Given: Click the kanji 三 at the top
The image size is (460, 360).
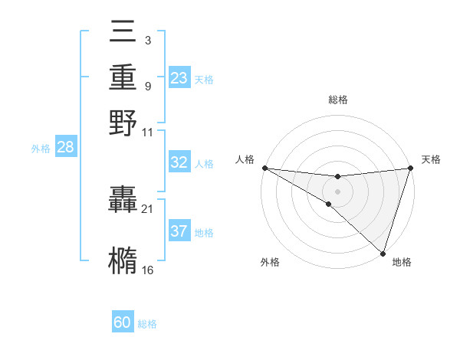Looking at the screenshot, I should point(123,34).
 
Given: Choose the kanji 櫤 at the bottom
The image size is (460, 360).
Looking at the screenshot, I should point(123,261).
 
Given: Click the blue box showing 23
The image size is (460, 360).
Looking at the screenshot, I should point(179,78).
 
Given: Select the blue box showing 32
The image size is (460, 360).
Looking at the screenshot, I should point(179,162).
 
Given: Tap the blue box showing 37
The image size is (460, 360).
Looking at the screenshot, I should point(179,232).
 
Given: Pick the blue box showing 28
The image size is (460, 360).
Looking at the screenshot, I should point(65,148).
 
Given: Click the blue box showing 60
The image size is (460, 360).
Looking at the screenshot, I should point(123,323).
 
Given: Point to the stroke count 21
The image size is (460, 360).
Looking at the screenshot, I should point(147,209).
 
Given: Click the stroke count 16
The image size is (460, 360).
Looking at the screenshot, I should point(147,270).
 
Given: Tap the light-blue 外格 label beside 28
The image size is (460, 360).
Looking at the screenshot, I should point(41,149).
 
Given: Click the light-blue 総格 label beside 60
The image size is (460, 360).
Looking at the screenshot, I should point(147,324).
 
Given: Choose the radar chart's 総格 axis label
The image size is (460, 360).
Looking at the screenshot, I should point(337,100).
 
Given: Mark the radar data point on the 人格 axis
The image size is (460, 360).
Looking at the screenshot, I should point(264,168).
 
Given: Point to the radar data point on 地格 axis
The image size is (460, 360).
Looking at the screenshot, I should point(383,253).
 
